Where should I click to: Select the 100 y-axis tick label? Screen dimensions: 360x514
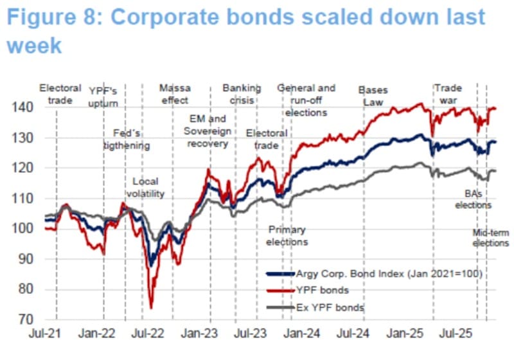tap(24, 228)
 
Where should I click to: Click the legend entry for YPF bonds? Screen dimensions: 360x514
tap(320, 290)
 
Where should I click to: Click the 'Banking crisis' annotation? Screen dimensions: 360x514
tap(242, 94)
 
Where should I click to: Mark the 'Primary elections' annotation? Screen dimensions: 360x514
tap(287, 235)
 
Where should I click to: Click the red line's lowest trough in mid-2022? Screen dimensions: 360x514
tap(151, 307)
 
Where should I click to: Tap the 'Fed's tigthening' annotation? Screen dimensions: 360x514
tap(127, 139)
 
